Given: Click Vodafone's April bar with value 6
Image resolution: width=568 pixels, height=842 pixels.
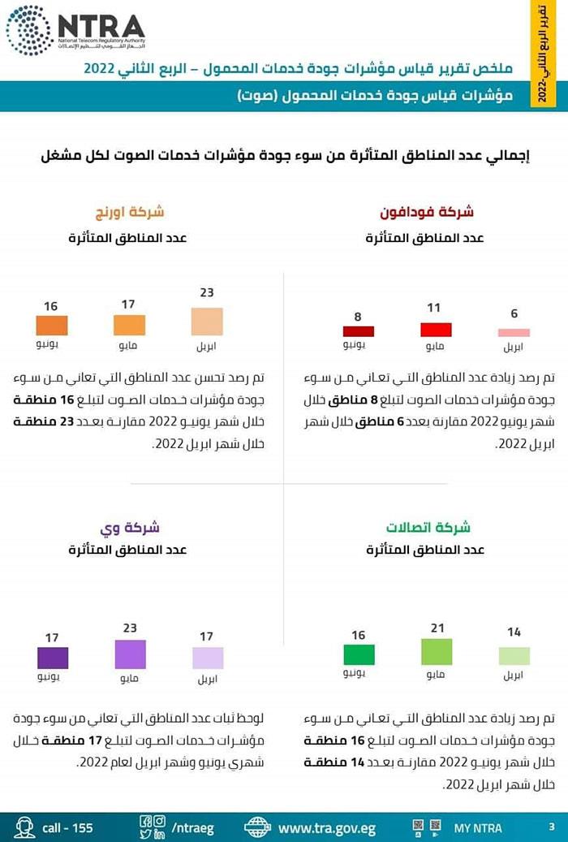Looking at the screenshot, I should (x=514, y=332).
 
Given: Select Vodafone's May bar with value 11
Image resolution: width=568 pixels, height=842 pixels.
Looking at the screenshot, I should (x=436, y=330).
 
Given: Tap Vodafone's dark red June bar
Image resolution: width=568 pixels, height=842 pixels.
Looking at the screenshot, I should (x=358, y=331).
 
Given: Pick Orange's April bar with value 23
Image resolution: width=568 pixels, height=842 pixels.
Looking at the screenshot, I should (x=207, y=322).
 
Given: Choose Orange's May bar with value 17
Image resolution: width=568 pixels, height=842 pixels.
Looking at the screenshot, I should (x=129, y=325).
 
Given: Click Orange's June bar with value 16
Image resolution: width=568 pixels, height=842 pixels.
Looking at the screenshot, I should (x=52, y=326).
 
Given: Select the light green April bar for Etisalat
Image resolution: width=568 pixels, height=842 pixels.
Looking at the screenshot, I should (x=514, y=656).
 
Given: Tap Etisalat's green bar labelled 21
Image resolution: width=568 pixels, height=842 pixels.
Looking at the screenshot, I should (x=436, y=652).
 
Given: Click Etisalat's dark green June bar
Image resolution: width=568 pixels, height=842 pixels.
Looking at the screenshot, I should (x=359, y=654).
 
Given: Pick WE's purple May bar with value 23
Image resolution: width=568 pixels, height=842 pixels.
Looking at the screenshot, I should (x=130, y=654).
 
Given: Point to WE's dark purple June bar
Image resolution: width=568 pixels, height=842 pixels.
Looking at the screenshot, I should (x=53, y=658).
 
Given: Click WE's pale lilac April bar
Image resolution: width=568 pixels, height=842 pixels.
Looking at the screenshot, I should (x=207, y=658).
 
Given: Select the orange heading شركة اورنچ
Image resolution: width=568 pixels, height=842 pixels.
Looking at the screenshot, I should (x=130, y=213).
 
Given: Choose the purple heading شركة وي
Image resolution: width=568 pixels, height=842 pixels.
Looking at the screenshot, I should (x=130, y=528).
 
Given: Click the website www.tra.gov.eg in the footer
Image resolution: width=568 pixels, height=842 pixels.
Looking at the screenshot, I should (x=326, y=828).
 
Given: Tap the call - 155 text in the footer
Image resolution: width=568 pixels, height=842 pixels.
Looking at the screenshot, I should (x=67, y=828).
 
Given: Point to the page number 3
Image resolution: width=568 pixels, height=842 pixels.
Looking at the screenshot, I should (x=552, y=827).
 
